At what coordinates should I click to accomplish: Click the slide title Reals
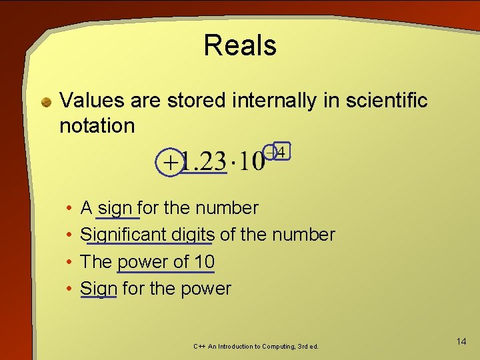pos(240,45)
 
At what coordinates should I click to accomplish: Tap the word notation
pos(97,125)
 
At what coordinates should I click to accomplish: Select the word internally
pos(273,101)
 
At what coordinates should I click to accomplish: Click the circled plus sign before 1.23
pos(171,162)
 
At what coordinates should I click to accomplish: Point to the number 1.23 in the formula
pos(204,162)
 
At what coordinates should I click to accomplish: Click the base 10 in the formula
pos(253,162)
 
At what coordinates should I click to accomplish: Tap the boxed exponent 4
pos(281,153)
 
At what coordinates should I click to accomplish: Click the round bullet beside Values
pos(46,102)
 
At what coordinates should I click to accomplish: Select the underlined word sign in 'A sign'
pos(115,208)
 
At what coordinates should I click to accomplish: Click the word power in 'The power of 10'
pos(143,261)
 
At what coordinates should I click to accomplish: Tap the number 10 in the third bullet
pos(201,261)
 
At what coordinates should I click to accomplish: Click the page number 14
pos(461,341)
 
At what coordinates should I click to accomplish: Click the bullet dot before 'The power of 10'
pos(70,262)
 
